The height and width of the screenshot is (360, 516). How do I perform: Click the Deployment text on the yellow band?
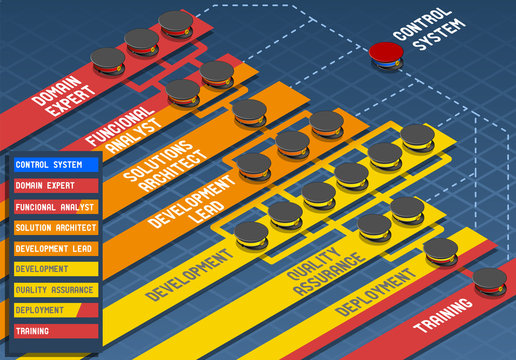coord(375,289)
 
